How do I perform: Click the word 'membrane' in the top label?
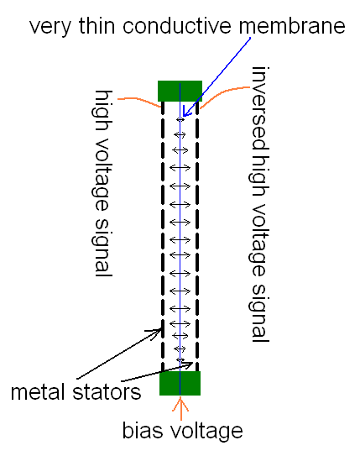pos(292,26)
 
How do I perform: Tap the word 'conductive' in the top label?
pos(177,26)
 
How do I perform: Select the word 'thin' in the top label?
pos(97,26)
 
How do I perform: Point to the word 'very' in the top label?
pos(50,29)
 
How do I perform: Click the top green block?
pos(180,91)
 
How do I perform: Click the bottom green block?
pos(180,383)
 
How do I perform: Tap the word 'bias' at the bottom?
pos(143,431)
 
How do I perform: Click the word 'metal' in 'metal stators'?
pos(39,391)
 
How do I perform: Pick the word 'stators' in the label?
pos(107,392)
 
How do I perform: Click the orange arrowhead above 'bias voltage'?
pos(180,404)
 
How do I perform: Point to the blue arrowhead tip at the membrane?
pos(183,116)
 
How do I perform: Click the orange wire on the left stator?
pos(139,101)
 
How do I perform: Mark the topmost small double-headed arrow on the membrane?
pos(180,119)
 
